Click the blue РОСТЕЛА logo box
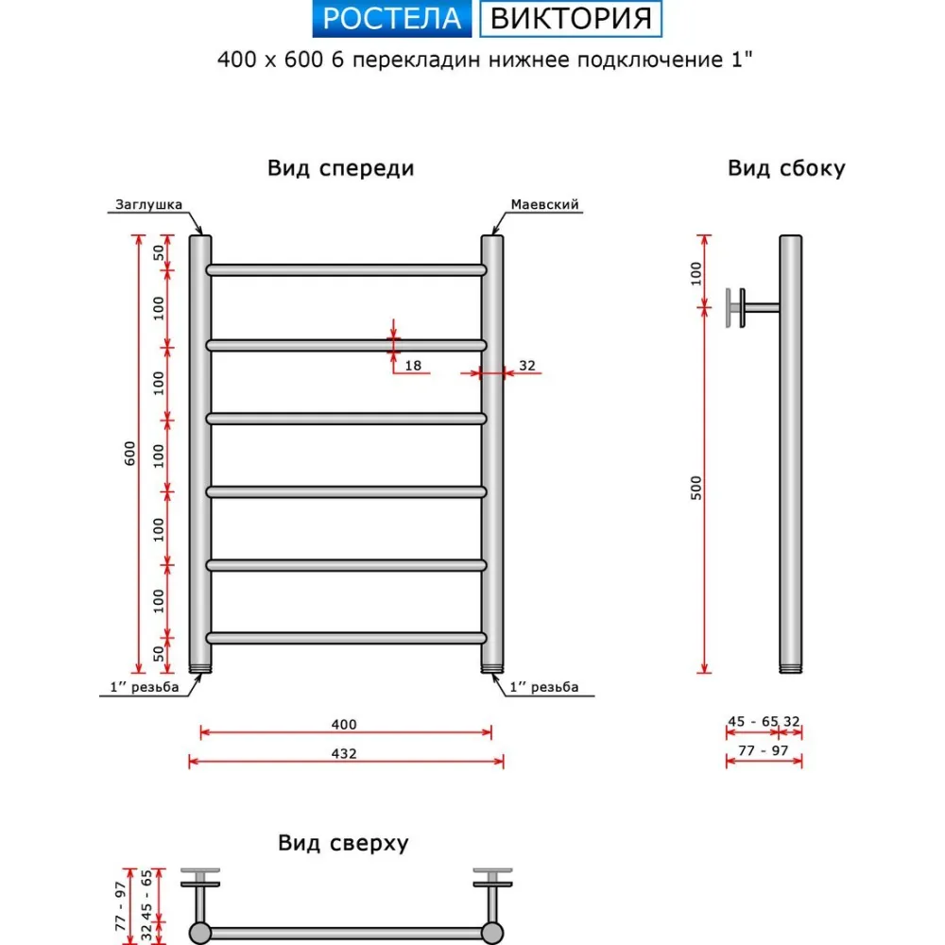pyautogui.click(x=392, y=19)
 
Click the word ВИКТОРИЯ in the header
pyautogui.click(x=571, y=19)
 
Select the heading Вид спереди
pyautogui.click(x=341, y=168)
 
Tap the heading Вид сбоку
pyautogui.click(x=786, y=168)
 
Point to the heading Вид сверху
pyautogui.click(x=344, y=843)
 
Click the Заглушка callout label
pyautogui.click(x=149, y=204)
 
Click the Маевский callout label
pyautogui.click(x=545, y=204)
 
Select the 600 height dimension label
pyautogui.click(x=130, y=454)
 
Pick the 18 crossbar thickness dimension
pyautogui.click(x=413, y=365)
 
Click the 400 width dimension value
pyautogui.click(x=344, y=725)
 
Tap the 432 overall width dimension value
pyautogui.click(x=344, y=753)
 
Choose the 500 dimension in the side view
pyautogui.click(x=696, y=489)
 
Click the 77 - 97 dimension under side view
pyautogui.click(x=764, y=750)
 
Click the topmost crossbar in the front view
pyautogui.click(x=346, y=270)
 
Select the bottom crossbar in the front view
pyautogui.click(x=346, y=638)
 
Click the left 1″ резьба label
pyautogui.click(x=145, y=687)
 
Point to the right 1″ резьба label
pyautogui.click(x=544, y=687)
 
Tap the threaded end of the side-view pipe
pyautogui.click(x=791, y=668)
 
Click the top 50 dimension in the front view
pyautogui.click(x=159, y=252)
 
